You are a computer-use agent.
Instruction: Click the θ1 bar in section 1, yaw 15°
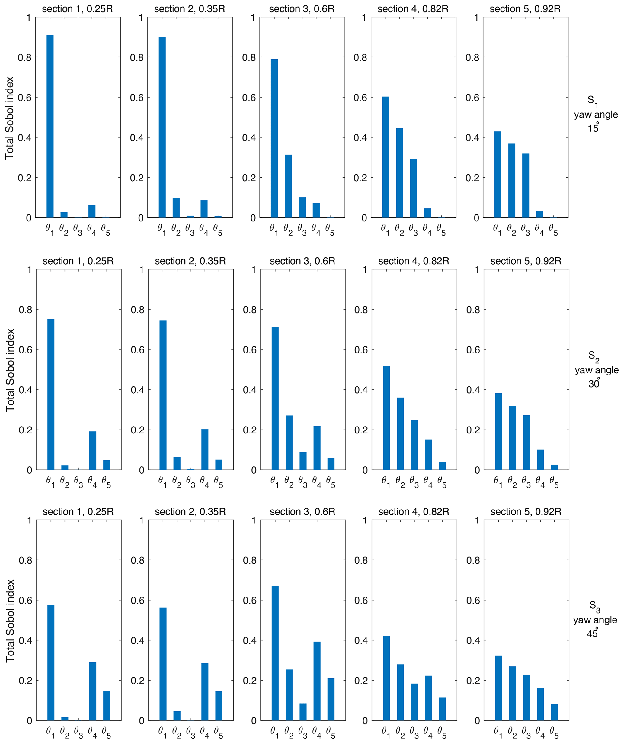[50, 126]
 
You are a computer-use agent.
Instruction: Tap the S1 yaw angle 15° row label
[596, 114]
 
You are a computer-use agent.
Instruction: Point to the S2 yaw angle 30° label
[596, 369]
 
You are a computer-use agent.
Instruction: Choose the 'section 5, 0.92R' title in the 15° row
[525, 9]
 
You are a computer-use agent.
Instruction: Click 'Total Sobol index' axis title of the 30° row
[10, 370]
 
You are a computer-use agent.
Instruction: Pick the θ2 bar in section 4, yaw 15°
[399, 173]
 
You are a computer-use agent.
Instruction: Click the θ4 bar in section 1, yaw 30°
[93, 450]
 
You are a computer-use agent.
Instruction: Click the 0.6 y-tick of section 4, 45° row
[361, 601]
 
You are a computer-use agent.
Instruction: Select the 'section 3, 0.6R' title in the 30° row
[302, 261]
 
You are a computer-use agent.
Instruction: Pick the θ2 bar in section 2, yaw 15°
[176, 208]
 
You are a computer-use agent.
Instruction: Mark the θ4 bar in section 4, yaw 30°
[428, 455]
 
